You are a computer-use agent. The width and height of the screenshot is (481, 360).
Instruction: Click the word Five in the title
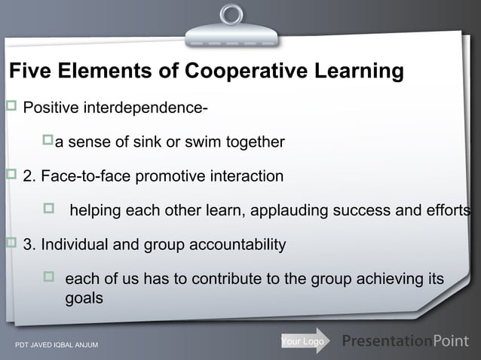[x=29, y=72]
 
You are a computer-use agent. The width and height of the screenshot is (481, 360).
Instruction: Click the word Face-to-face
[x=81, y=177]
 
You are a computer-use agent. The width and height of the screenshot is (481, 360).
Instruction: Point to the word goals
[x=84, y=297]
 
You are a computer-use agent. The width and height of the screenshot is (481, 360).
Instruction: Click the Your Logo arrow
[x=305, y=342]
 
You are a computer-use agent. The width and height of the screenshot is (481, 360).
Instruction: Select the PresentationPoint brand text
[x=406, y=342]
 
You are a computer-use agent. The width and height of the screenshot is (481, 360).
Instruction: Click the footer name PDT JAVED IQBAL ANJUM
[x=57, y=346]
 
